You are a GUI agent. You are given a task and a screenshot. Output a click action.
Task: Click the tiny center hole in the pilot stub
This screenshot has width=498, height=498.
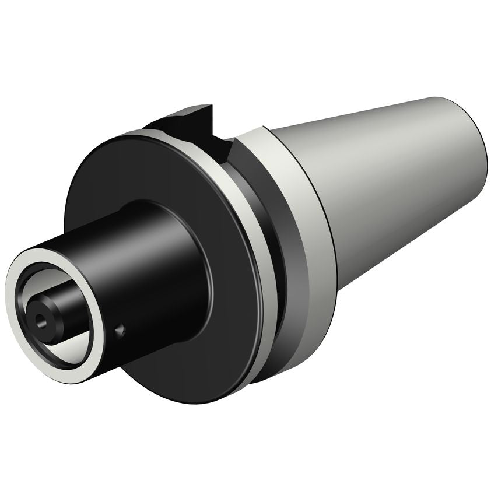pos(40,319)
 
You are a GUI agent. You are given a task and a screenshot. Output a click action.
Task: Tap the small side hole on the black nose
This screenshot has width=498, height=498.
pos(120,331)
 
